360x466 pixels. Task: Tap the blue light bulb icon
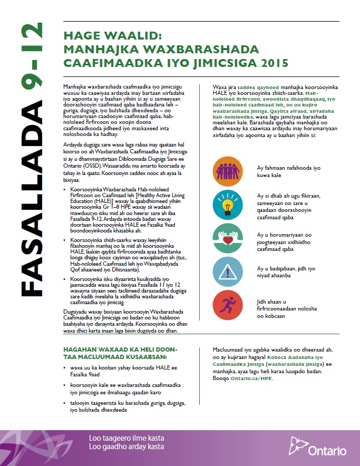coord(228,203)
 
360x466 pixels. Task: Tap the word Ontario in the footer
coord(327,451)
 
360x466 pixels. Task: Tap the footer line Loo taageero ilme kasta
coord(127,438)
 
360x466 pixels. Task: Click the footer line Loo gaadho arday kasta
coord(127,446)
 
